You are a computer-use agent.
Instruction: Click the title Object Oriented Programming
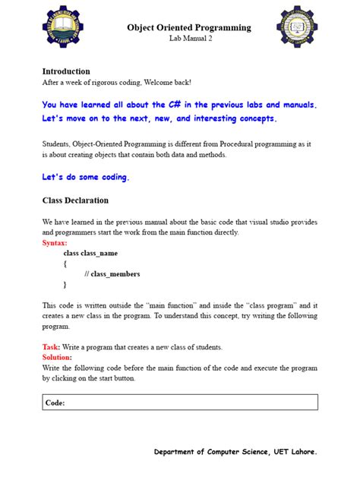pyautogui.click(x=189, y=27)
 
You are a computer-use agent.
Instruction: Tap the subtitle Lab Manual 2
pyautogui.click(x=190, y=39)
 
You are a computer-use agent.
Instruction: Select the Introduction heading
pyautogui.click(x=66, y=71)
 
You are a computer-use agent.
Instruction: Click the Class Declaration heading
pyautogui.click(x=75, y=201)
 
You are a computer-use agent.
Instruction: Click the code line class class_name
pyautogui.click(x=90, y=253)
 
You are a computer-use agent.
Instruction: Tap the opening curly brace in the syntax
pyautogui.click(x=65, y=264)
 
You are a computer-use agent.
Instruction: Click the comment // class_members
pyautogui.click(x=112, y=274)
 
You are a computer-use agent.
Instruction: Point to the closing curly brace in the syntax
pyautogui.click(x=65, y=285)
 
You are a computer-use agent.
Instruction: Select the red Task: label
pyautogui.click(x=52, y=347)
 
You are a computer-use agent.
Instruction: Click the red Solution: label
pyautogui.click(x=58, y=357)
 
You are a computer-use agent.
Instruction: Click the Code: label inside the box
pyautogui.click(x=55, y=403)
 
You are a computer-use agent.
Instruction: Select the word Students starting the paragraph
pyautogui.click(x=58, y=144)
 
